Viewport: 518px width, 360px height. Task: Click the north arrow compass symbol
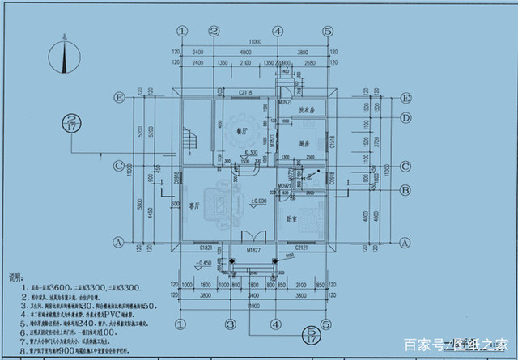click(x=63, y=57)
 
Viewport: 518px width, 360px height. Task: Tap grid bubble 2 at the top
click(x=214, y=31)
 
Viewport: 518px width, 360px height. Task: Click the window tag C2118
click(x=247, y=94)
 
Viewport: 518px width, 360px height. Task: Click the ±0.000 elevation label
click(x=259, y=200)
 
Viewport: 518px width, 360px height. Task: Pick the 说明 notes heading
click(x=13, y=277)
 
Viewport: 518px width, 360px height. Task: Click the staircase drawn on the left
click(x=189, y=141)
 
